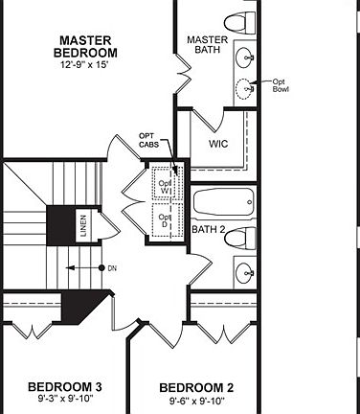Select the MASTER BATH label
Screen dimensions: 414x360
coord(206,43)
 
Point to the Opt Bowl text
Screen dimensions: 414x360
coord(281,85)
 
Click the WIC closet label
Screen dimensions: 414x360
coord(217,145)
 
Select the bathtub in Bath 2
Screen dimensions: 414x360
coord(223,203)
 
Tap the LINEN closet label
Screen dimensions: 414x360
coord(84,227)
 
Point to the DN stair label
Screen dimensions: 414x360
coord(112,267)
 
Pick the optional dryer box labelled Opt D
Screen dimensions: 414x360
coord(165,222)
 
